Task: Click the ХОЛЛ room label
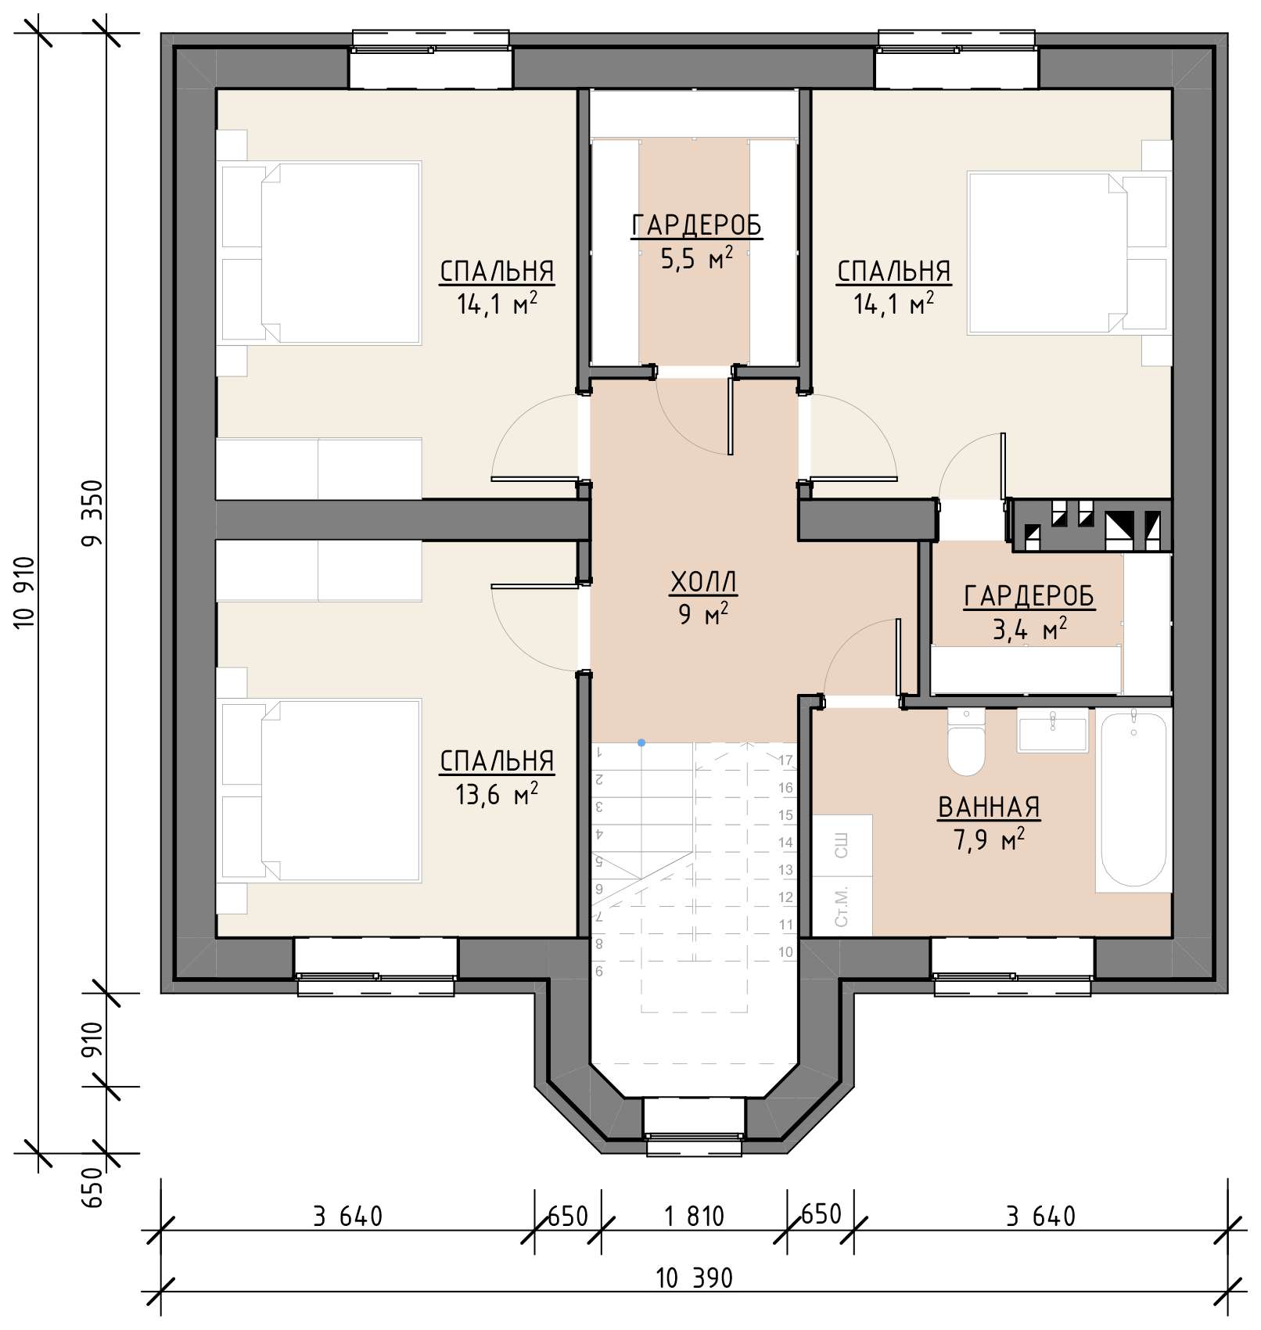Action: tap(703, 582)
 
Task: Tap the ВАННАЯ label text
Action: tap(989, 807)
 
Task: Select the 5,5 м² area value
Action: tap(696, 258)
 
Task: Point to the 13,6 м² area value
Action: tap(497, 795)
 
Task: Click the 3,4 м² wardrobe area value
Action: tap(1029, 628)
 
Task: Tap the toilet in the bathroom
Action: tap(967, 742)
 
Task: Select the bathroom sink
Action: tap(1052, 731)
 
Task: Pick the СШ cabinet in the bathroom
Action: tap(842, 845)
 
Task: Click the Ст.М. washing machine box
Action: tap(842, 906)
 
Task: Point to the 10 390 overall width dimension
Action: tap(694, 1278)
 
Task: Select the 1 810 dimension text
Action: tap(694, 1217)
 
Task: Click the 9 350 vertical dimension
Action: tap(92, 513)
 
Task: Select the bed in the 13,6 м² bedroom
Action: tap(320, 791)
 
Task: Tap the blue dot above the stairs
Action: tap(641, 742)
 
